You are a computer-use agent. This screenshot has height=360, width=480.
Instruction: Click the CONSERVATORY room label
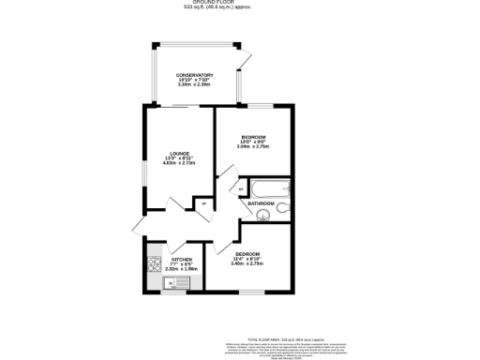click(195, 76)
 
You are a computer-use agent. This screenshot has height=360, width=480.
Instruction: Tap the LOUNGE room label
click(180, 154)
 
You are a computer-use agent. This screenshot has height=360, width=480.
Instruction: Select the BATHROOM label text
click(261, 202)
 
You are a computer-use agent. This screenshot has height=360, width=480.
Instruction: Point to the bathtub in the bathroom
click(267, 188)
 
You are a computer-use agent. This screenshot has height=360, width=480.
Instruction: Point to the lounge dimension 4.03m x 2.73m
click(180, 164)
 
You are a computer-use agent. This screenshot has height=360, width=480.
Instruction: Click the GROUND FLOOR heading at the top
click(240, 3)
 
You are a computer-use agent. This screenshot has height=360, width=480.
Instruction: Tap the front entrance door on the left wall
click(138, 224)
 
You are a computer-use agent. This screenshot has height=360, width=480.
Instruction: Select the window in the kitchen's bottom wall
click(174, 292)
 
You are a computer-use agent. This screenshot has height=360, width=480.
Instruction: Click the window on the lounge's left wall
click(144, 174)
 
